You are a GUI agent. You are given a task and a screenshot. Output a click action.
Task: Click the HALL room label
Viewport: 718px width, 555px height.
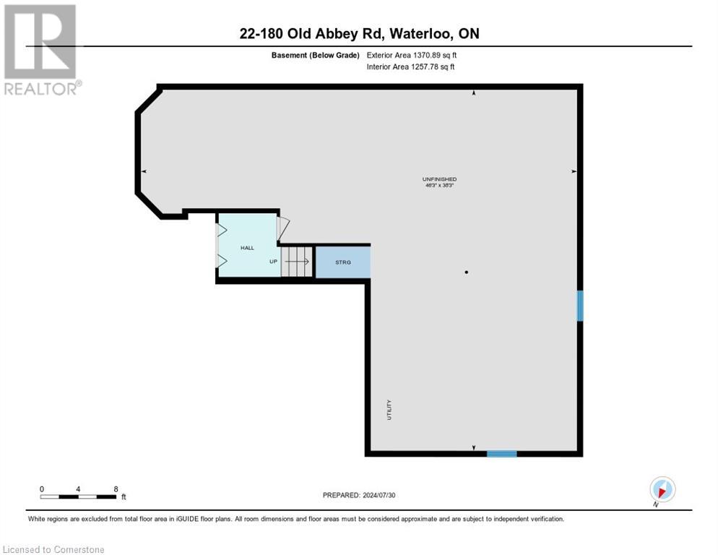pyautogui.click(x=247, y=248)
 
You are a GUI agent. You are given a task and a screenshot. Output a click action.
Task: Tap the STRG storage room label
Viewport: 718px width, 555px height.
pyautogui.click(x=343, y=262)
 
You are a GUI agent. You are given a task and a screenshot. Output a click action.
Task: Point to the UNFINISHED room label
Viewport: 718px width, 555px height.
pyautogui.click(x=439, y=178)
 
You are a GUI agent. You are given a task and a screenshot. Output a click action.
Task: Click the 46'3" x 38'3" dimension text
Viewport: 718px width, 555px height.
pyautogui.click(x=439, y=186)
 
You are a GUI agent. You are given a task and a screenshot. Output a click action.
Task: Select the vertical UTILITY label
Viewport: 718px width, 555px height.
pyautogui.click(x=389, y=410)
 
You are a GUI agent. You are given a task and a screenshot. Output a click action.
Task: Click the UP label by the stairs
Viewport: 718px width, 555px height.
pyautogui.click(x=273, y=262)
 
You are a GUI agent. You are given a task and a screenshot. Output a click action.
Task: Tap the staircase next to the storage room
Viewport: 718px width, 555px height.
pyautogui.click(x=297, y=262)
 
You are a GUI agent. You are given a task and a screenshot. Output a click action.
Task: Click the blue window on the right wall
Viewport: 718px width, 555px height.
pyautogui.click(x=579, y=306)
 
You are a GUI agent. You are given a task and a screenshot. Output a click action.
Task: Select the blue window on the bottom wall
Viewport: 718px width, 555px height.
pyautogui.click(x=501, y=454)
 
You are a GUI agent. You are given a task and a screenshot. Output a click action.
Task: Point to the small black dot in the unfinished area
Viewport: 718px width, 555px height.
pyautogui.click(x=467, y=272)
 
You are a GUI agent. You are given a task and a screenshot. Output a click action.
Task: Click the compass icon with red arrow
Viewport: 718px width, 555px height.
pyautogui.click(x=662, y=489)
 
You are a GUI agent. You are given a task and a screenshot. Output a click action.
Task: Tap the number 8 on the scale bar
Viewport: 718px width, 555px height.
pyautogui.click(x=116, y=489)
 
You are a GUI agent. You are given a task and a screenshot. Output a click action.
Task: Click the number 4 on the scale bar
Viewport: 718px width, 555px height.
pyautogui.click(x=78, y=489)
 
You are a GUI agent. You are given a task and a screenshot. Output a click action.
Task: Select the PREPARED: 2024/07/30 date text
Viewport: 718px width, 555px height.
pyautogui.click(x=358, y=495)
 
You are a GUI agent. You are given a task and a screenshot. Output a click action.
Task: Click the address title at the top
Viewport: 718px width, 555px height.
pyautogui.click(x=359, y=33)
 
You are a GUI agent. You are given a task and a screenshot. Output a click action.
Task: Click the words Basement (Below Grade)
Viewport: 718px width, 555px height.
pyautogui.click(x=315, y=55)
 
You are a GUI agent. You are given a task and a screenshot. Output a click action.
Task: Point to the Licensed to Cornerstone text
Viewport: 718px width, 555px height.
pyautogui.click(x=53, y=550)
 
